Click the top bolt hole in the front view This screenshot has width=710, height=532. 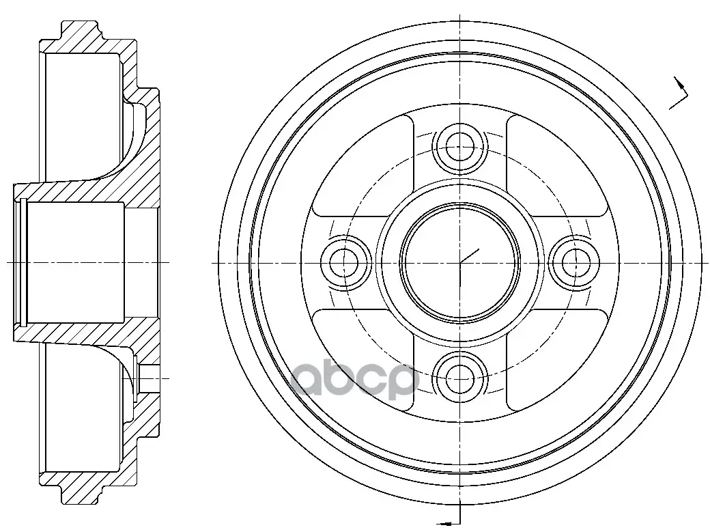tap(460, 147)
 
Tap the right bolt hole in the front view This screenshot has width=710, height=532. tap(574, 262)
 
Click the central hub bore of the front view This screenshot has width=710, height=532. tap(460, 262)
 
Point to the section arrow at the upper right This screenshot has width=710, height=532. tap(679, 94)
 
